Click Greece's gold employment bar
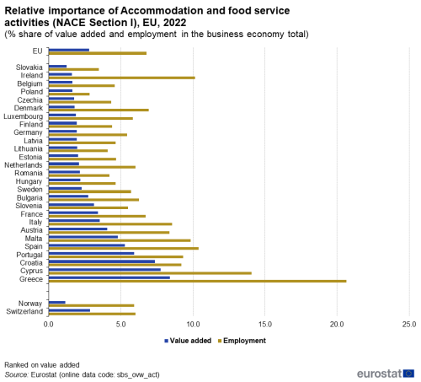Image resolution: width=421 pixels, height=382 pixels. coord(198,281)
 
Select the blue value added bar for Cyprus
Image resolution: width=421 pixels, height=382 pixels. coord(104,270)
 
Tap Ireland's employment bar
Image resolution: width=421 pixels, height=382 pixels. coord(122,78)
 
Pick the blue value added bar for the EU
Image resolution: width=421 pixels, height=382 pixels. coord(69,50)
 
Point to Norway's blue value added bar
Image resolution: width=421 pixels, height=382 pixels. coord(57,303)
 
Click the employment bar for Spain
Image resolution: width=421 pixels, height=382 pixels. coord(124,249)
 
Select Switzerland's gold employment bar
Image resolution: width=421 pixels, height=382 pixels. coord(92,314)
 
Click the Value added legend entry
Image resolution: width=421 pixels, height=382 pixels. coord(188,341)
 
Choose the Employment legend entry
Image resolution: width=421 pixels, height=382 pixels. coord(242,341)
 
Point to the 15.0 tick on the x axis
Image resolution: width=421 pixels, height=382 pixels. coord(265,325)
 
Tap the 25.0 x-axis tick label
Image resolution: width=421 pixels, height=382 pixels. coord(409,325)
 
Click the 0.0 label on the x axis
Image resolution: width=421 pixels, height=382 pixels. coord(49,325)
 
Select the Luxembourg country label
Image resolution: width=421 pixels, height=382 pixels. coord(24,116)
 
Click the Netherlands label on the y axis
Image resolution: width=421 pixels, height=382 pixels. coord(24,165)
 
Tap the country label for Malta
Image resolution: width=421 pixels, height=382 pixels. coord(34,239)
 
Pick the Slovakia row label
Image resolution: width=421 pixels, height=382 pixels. coord(29,67)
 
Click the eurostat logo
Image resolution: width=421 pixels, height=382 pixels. coord(386,374)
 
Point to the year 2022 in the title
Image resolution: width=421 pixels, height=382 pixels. coord(174,23)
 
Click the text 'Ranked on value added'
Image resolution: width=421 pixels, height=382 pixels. coord(42,365)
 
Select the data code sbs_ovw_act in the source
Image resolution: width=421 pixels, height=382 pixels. coord(137,374)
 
